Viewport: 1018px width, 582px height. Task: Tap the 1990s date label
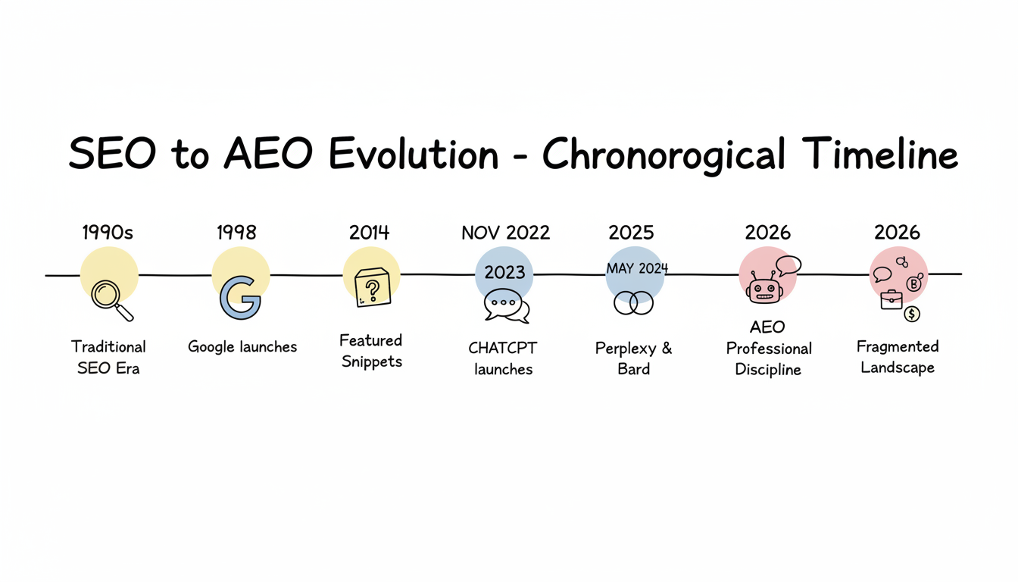pos(108,232)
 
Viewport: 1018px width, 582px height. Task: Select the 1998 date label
pos(236,232)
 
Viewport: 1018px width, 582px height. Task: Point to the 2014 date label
pos(369,232)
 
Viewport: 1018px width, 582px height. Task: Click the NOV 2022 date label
pos(505,232)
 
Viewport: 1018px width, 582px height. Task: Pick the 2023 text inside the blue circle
pos(504,272)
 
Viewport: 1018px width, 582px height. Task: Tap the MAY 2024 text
pos(637,269)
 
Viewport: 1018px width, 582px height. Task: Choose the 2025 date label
pos(631,232)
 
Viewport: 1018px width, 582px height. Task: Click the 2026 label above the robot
pos(768,232)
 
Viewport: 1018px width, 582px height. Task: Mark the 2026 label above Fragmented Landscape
pos(897,232)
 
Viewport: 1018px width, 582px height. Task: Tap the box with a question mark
pos(372,289)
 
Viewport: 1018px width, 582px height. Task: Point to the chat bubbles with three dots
pos(506,305)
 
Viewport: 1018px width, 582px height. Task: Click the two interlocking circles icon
pos(633,303)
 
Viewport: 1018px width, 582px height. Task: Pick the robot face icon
pos(764,289)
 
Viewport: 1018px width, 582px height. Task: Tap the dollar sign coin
pos(912,314)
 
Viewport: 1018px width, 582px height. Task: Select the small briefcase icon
pos(891,300)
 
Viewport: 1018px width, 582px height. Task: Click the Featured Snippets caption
pos(371,351)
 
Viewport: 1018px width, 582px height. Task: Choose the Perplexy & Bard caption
pos(634,358)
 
